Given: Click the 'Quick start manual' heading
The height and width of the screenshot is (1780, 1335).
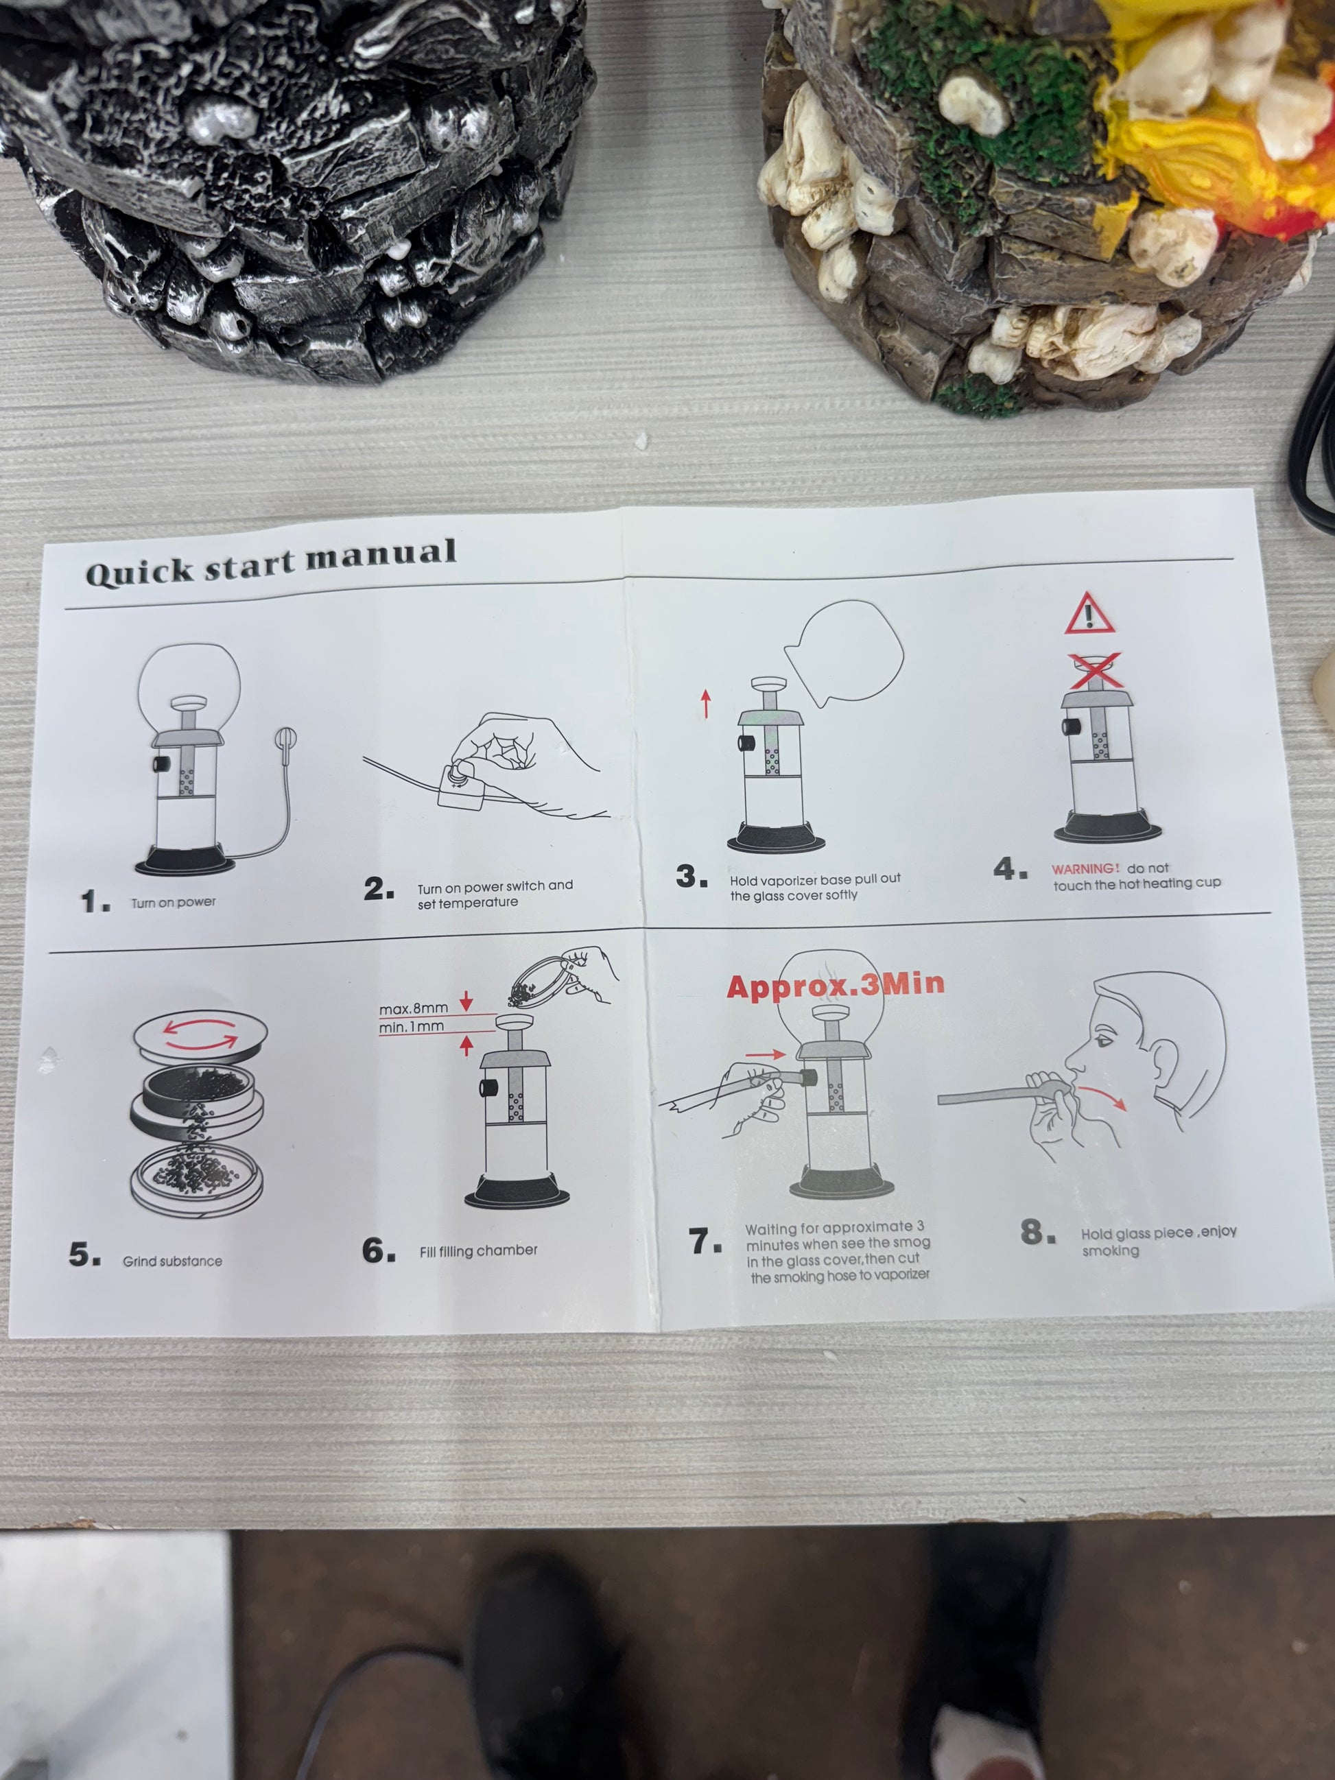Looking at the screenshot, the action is [x=271, y=561].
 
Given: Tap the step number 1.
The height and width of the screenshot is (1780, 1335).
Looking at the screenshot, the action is [x=95, y=901].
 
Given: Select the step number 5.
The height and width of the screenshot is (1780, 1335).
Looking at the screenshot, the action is [x=84, y=1254].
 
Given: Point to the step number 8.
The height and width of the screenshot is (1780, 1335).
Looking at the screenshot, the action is [x=1038, y=1232].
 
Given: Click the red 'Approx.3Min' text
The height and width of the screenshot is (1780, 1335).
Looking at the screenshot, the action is [x=836, y=985].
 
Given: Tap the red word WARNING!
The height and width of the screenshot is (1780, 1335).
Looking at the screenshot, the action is [x=1085, y=869].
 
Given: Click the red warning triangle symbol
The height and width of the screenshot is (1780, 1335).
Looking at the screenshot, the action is [x=1089, y=614].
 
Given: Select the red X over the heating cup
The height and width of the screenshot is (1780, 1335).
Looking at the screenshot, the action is [x=1094, y=671].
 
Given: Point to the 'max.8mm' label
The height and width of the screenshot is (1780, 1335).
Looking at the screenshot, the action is [x=414, y=1008].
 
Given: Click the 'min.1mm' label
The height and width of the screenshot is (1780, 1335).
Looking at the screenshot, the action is [x=411, y=1027].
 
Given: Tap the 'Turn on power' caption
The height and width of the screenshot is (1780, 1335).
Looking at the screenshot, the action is [x=174, y=903].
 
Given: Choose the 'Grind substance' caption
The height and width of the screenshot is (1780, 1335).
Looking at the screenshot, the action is [x=172, y=1261].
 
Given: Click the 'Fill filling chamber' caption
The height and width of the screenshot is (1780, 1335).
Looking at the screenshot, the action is [x=478, y=1250].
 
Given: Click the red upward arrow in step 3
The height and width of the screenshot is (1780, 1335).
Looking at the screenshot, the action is [x=706, y=703].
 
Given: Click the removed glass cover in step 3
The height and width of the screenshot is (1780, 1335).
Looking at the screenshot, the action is [x=844, y=652].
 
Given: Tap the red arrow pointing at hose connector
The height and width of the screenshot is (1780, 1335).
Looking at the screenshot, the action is [x=766, y=1054].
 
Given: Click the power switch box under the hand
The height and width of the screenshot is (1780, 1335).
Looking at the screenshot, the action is [x=460, y=784].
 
